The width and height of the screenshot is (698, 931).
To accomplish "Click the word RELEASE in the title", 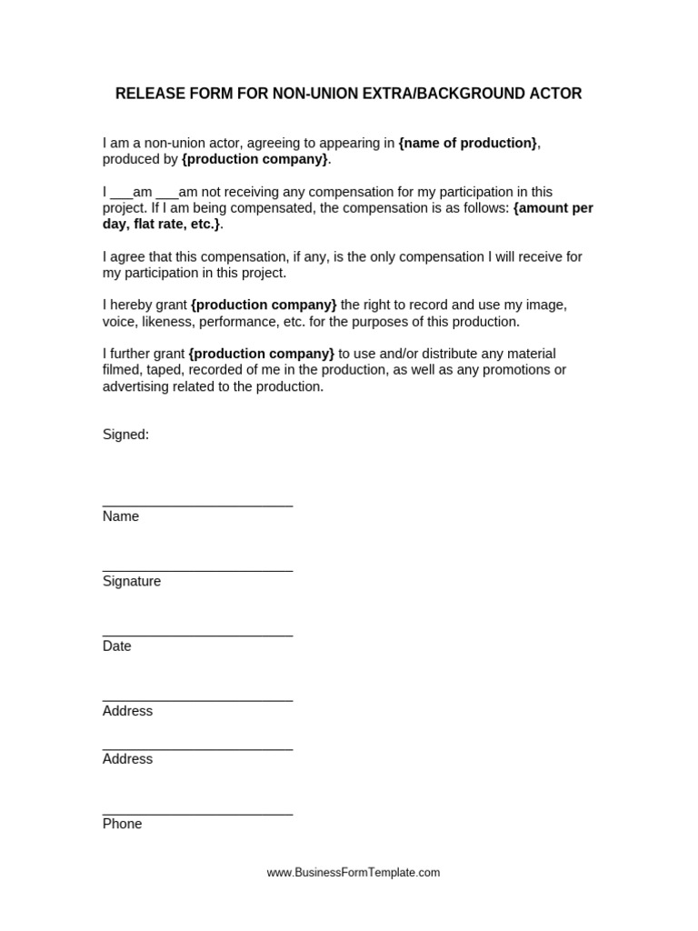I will pos(148,94).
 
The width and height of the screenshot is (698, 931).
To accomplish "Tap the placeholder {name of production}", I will pos(468,143).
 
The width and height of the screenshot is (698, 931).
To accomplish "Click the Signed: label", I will pos(125,435).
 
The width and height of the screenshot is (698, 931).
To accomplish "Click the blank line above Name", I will pos(197,505).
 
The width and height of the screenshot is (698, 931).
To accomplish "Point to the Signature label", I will pos(132,581).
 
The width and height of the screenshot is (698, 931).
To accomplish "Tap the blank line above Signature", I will pos(197,570).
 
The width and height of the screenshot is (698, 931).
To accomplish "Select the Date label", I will pos(117,646).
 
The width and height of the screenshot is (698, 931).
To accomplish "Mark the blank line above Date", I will pos(197,635).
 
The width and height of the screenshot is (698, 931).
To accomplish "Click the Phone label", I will pos(123,824).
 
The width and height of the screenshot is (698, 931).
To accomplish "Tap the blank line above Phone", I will pos(197,813).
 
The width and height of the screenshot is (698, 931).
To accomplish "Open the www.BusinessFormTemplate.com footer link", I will pos(354,872).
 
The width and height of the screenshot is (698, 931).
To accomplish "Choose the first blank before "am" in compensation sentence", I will pos(122,193).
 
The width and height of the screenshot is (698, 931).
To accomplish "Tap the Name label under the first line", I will pos(121,516).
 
